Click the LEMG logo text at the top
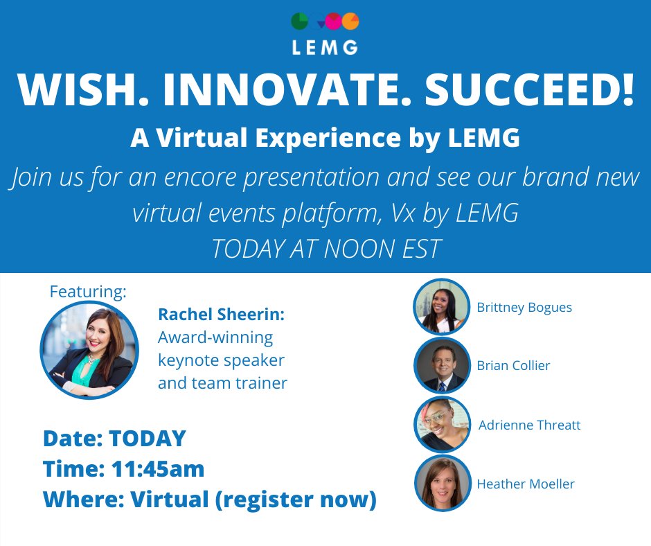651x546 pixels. (x=325, y=47)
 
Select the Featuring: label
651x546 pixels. (x=88, y=292)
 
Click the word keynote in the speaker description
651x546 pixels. (x=189, y=360)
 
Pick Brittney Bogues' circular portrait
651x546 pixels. (x=441, y=307)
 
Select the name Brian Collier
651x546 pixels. (x=513, y=365)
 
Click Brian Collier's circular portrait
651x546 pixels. (x=441, y=365)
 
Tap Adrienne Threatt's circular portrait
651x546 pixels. (x=442, y=425)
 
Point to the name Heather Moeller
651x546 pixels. (x=526, y=484)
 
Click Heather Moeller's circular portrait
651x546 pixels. (x=442, y=484)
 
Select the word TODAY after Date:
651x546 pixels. (x=148, y=439)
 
